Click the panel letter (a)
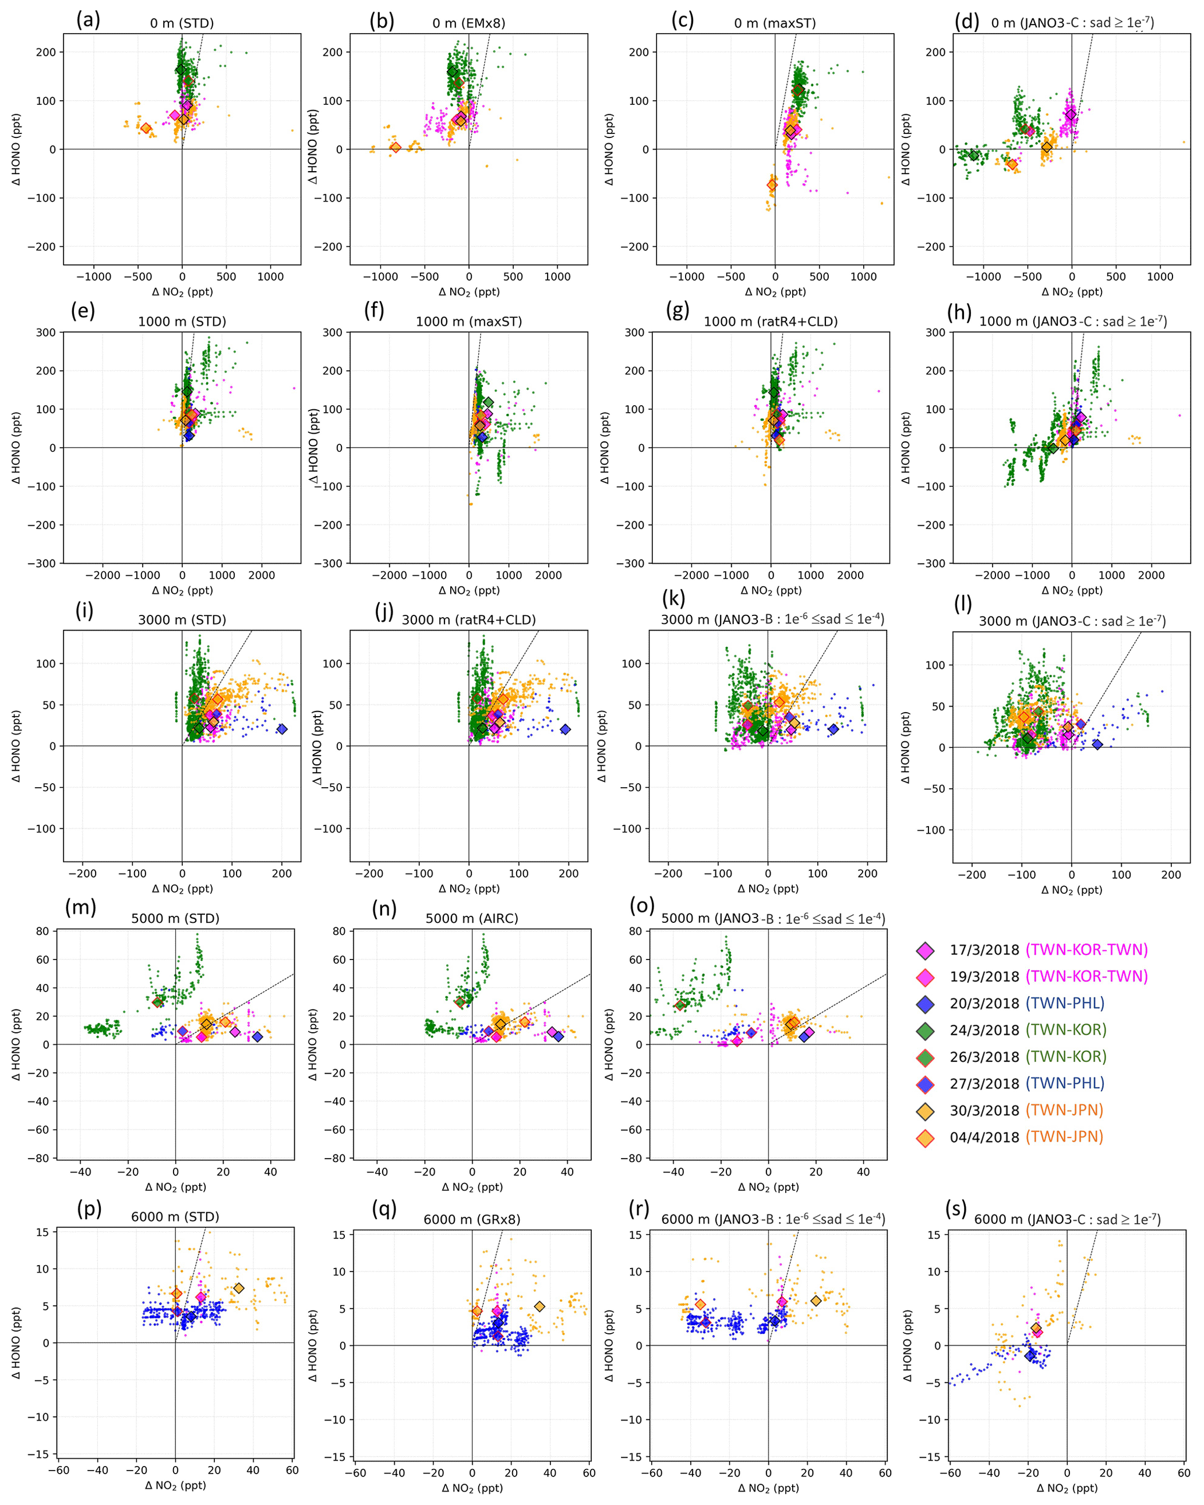pos(88,20)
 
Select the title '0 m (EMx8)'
pos(468,23)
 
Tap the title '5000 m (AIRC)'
pos(471,919)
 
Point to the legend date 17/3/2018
pos(984,950)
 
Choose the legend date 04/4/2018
pos(984,1137)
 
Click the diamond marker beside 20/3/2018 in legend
pos(926,1004)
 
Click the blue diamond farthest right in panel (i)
pos(282,730)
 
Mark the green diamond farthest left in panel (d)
pos(973,155)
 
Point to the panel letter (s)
pos(955,1207)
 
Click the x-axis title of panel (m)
pos(175,1187)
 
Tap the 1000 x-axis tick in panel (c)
pos(863,277)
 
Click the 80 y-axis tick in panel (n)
pos(338,931)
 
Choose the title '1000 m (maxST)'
pos(468,322)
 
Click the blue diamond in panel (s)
pos(1030,1355)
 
